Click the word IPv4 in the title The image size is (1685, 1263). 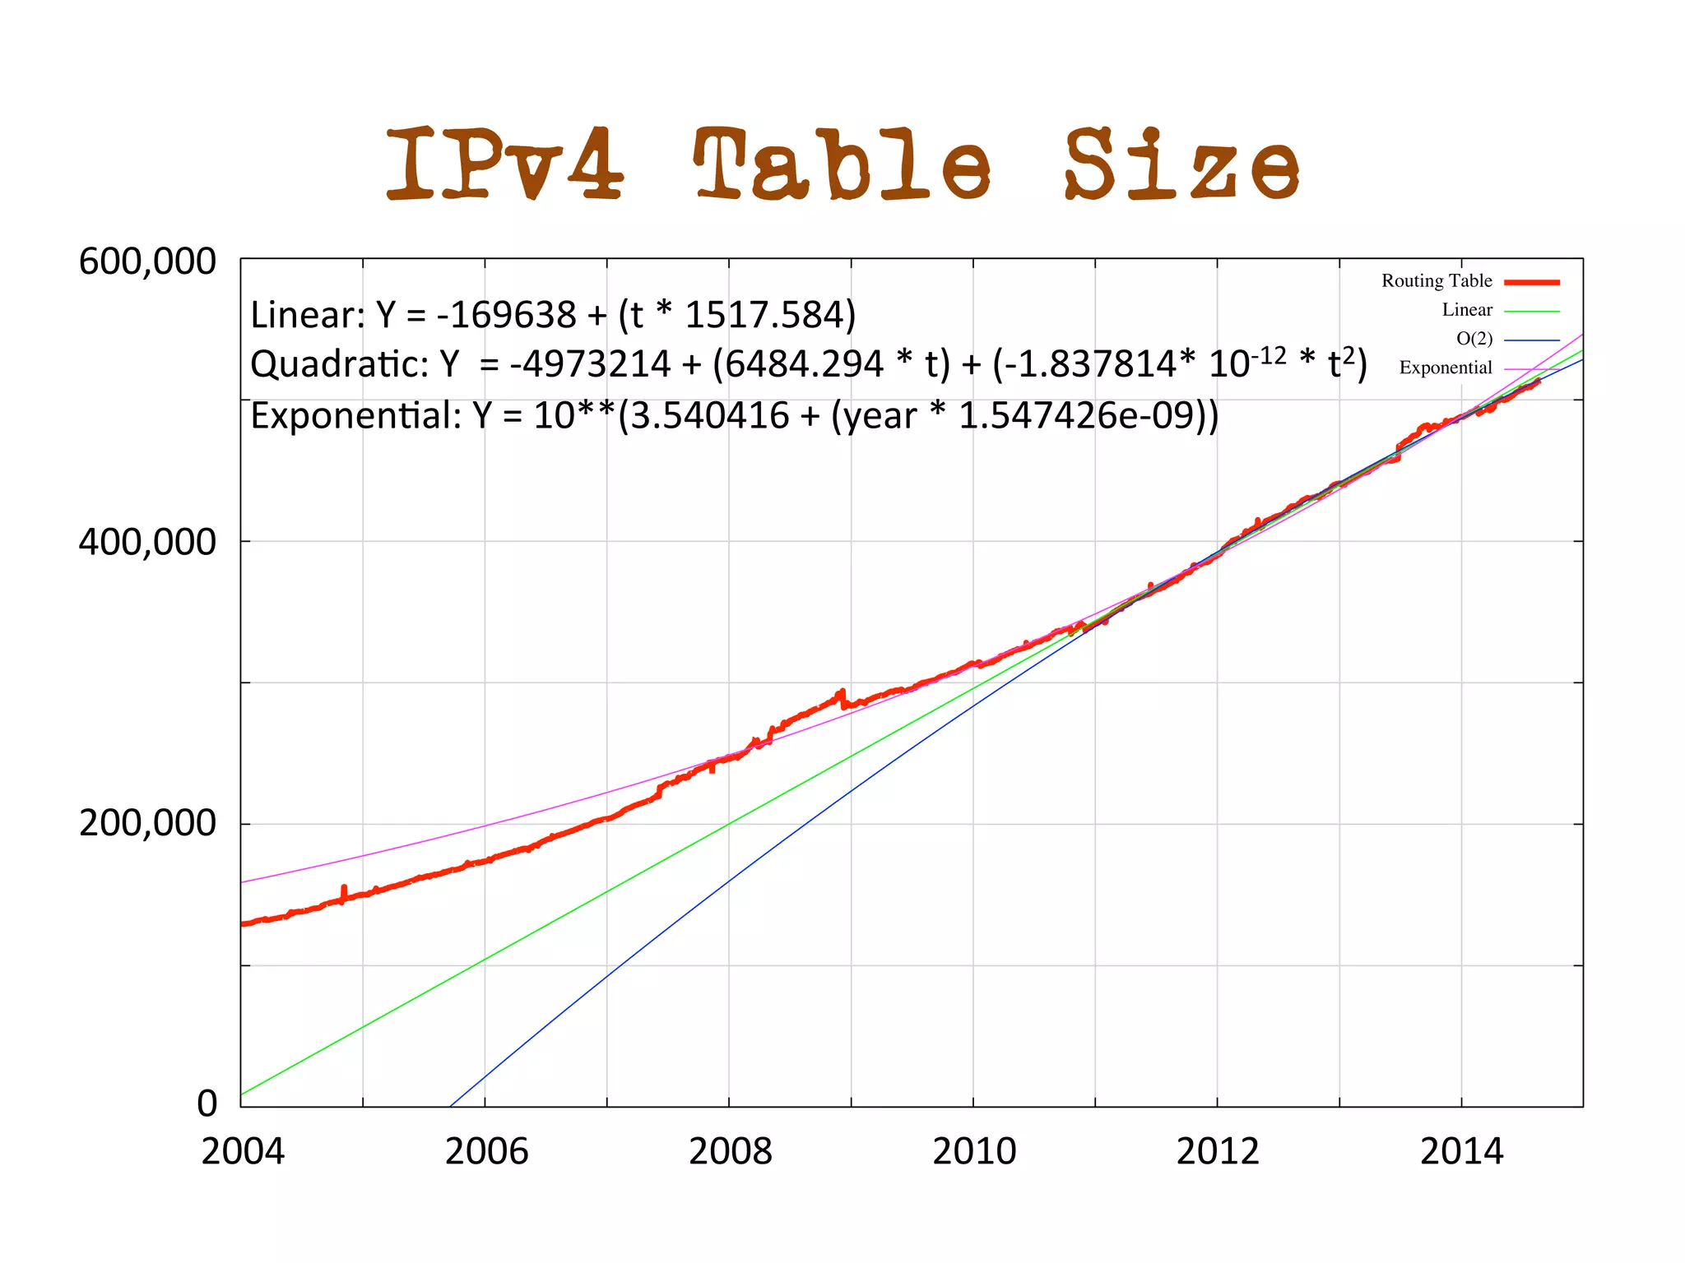pos(504,164)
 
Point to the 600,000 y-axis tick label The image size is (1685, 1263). pos(146,262)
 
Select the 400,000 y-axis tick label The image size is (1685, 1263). pos(146,543)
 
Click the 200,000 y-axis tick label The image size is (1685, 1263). pos(146,823)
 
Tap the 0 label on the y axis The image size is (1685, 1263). pos(207,1103)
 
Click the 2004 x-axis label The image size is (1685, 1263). pos(242,1151)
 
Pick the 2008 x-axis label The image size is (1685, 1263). pos(730,1151)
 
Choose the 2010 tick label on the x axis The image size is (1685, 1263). pos(974,1151)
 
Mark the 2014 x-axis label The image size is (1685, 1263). pos(1461,1151)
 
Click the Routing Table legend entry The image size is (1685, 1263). pos(1437,281)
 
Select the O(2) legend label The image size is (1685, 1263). pos(1474,339)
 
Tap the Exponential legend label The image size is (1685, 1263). pos(1446,368)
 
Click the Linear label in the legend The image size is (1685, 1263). pos(1466,310)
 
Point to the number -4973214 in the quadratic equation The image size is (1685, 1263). pos(590,364)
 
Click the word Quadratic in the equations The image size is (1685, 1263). pos(338,364)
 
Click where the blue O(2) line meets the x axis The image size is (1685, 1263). pos(450,1106)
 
